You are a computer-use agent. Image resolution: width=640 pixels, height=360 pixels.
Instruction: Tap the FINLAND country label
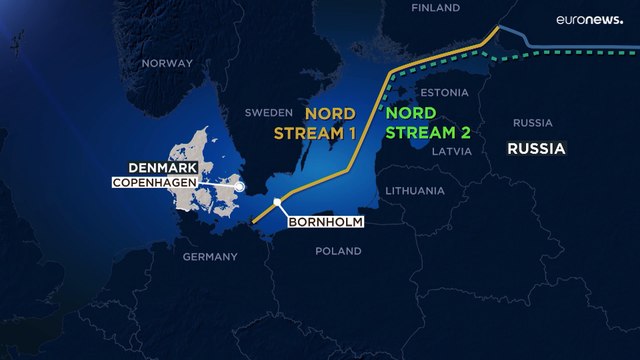(x=436, y=8)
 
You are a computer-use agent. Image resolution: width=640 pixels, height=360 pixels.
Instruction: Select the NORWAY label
(x=166, y=63)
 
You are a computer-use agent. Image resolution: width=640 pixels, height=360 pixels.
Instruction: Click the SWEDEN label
(x=268, y=113)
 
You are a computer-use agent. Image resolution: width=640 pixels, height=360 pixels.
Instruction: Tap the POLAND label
(x=338, y=252)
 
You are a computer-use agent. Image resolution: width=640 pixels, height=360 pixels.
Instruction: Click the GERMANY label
(x=210, y=257)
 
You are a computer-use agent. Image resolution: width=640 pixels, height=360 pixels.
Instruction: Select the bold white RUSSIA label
(x=536, y=150)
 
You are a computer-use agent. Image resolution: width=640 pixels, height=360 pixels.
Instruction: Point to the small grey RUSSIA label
(x=532, y=123)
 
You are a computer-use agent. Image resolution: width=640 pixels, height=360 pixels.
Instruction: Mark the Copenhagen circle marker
(x=240, y=185)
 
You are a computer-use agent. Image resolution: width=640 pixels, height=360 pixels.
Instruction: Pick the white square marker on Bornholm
(x=279, y=203)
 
